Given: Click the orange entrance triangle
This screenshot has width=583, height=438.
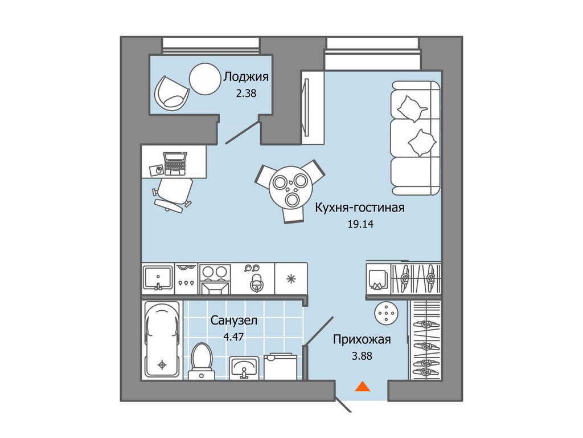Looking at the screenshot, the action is [x=363, y=387].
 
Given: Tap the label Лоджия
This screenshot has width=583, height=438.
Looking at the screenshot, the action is [x=246, y=77].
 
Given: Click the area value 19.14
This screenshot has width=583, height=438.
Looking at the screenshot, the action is [x=360, y=224].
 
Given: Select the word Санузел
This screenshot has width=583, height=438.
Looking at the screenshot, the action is [x=234, y=321].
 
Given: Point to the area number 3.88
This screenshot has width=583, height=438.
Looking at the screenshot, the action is [x=362, y=356].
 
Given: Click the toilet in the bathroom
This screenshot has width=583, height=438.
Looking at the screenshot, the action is [x=201, y=360].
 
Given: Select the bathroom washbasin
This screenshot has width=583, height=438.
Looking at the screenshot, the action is [x=244, y=368].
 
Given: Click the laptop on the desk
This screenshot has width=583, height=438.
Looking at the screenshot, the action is [x=175, y=163].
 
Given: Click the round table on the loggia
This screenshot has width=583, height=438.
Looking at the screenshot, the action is [x=205, y=79].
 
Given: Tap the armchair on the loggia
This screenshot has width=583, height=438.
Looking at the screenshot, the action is [x=171, y=93].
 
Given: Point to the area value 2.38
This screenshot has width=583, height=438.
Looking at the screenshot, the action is [x=246, y=93].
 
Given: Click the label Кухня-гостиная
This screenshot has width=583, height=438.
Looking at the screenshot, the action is [x=360, y=208].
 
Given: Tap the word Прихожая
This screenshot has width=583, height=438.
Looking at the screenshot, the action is [x=362, y=340].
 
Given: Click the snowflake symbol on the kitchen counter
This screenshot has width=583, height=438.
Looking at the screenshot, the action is [x=291, y=278].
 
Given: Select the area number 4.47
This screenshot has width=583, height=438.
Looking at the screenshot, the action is [x=233, y=336].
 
